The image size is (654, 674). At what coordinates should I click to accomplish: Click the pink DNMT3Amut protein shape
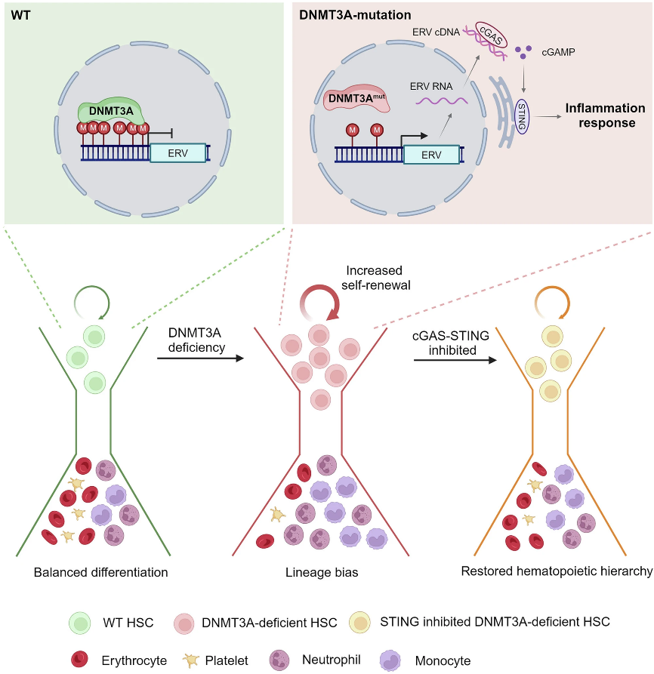pyautogui.click(x=356, y=99)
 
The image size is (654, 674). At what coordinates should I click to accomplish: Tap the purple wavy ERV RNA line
pyautogui.click(x=439, y=100)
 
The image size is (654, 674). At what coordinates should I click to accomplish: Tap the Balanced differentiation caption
pyautogui.click(x=100, y=571)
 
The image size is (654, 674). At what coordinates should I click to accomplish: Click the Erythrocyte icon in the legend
pyautogui.click(x=80, y=659)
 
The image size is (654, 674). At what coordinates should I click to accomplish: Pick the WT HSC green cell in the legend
pyautogui.click(x=80, y=623)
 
